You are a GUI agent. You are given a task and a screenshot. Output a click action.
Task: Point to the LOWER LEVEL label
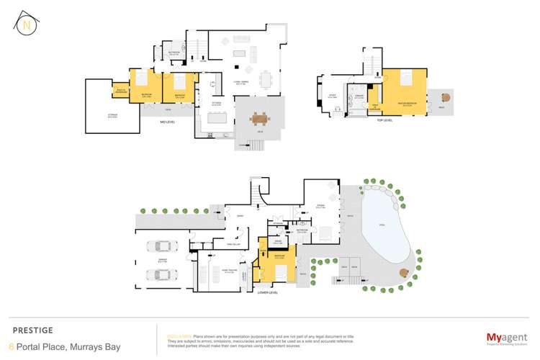tap(268, 294)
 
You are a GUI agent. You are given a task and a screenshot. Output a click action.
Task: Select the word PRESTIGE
tap(33, 330)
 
